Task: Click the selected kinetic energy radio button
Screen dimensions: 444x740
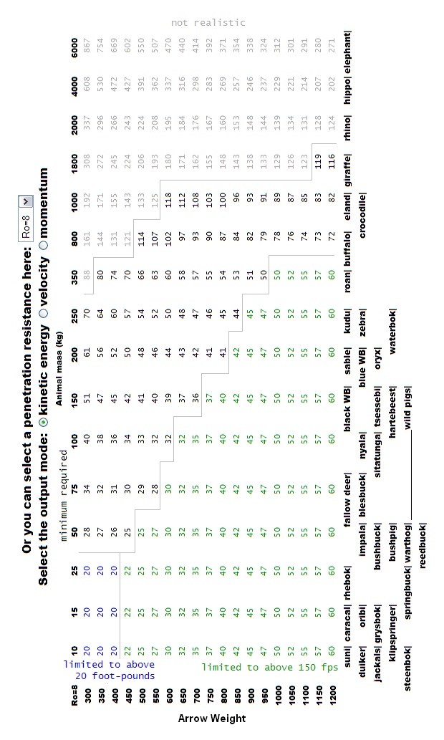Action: pyautogui.click(x=44, y=423)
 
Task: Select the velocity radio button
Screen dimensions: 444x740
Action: pyautogui.click(x=44, y=312)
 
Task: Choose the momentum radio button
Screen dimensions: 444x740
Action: pyautogui.click(x=44, y=244)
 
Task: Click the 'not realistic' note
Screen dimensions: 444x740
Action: pyautogui.click(x=208, y=22)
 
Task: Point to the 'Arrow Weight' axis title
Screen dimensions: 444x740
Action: pyautogui.click(x=212, y=719)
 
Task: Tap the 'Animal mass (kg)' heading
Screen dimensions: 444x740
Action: pyautogui.click(x=59, y=369)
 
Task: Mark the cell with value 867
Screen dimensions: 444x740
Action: pyautogui.click(x=87, y=47)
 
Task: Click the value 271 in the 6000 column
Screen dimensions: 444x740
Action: pyautogui.click(x=332, y=47)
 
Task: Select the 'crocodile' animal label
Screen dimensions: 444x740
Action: pyautogui.click(x=362, y=216)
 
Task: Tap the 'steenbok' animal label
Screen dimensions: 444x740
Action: pyautogui.click(x=407, y=669)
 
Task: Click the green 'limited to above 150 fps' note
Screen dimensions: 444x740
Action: pyautogui.click(x=270, y=667)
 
